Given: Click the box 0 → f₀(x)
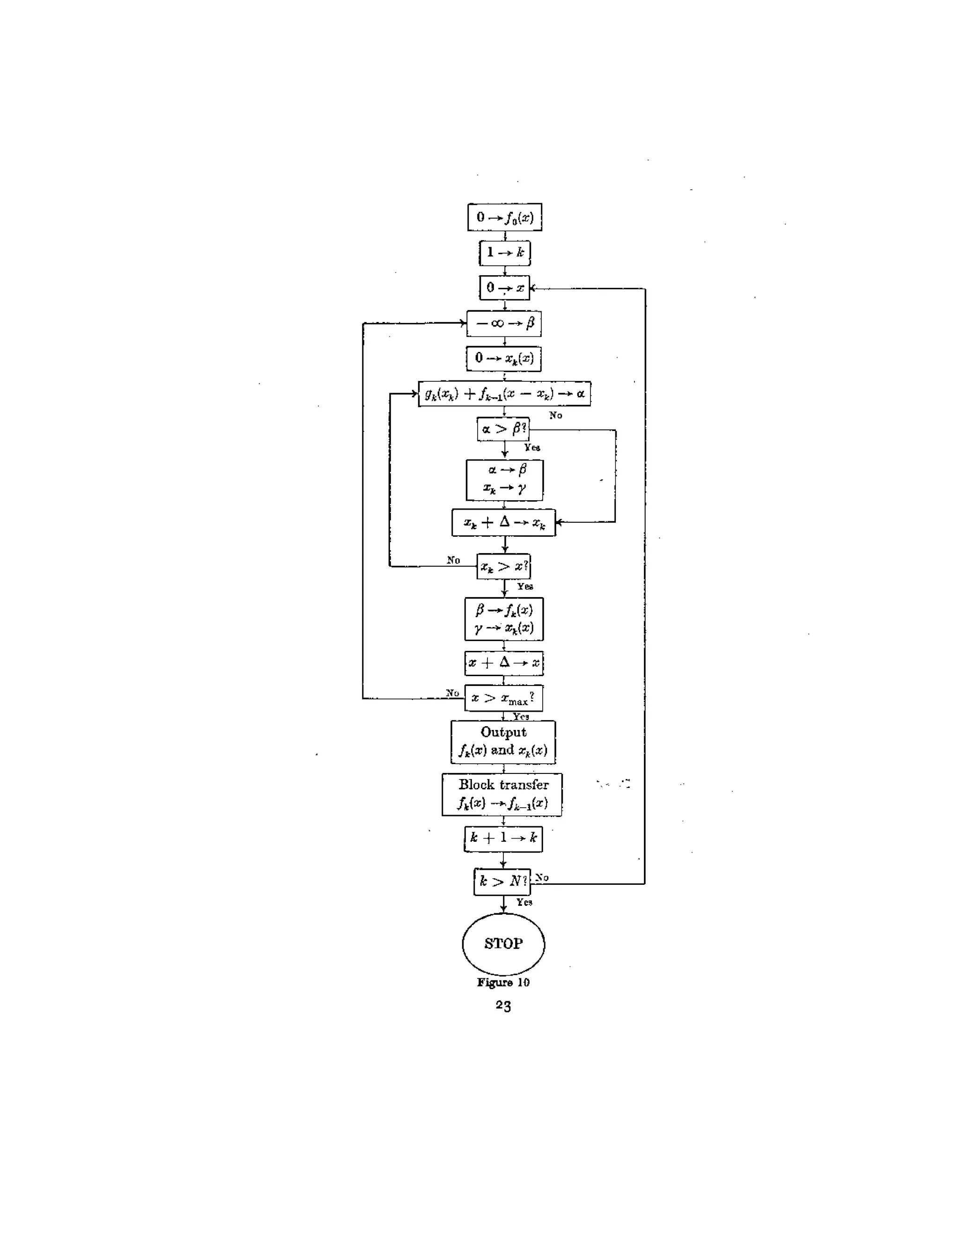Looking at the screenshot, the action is point(504,217).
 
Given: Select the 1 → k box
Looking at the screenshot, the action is point(504,253).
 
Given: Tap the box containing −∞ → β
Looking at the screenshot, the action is point(504,324).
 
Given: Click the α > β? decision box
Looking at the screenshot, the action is point(503,429).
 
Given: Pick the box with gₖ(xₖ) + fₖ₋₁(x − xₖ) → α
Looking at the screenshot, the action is point(504,394).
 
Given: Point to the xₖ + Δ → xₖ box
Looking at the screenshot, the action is point(503,522).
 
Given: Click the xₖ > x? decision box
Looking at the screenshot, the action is point(503,566).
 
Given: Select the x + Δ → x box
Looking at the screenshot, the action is point(503,663).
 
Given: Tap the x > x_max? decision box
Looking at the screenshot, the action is point(503,698).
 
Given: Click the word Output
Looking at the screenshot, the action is point(503,732).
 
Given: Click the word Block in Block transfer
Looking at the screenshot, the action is point(477,785).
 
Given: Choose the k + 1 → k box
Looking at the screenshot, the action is point(503,839).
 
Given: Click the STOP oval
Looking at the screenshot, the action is point(503,944).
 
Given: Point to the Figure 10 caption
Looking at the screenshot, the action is point(503,983).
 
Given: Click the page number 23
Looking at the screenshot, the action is point(503,1006).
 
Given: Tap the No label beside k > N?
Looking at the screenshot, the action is point(542,878).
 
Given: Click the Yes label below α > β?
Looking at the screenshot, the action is point(532,447).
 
